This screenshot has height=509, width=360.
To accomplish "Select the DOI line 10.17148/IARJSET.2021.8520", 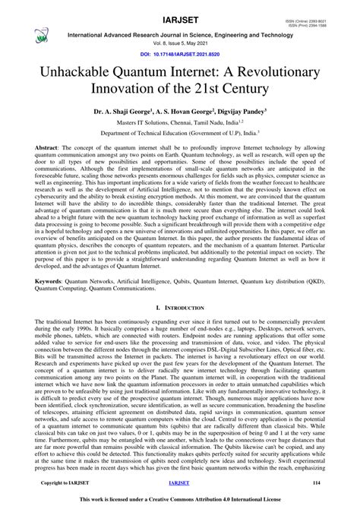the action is click(x=179, y=56).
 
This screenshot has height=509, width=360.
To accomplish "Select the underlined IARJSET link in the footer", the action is click(x=179, y=483).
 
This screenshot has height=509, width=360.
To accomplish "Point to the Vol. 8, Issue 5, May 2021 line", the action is click(x=179, y=44).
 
